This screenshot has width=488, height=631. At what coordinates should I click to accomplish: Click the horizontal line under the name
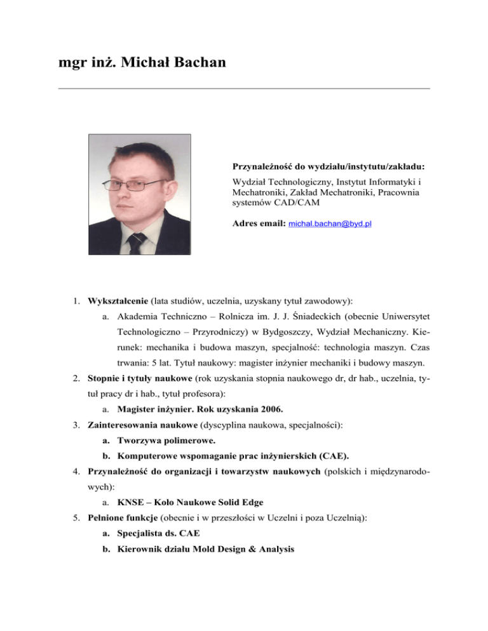pyautogui.click(x=244, y=88)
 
